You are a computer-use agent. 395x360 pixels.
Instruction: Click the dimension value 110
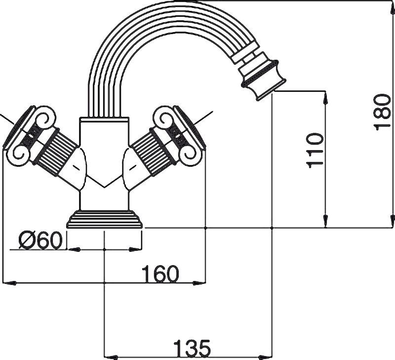click(x=315, y=150)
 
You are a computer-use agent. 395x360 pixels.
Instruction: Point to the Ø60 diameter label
click(x=40, y=240)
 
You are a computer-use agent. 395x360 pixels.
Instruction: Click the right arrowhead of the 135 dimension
click(x=269, y=356)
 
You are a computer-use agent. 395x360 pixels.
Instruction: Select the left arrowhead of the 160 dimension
click(x=8, y=283)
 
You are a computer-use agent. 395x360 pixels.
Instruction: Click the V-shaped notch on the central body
click(x=104, y=184)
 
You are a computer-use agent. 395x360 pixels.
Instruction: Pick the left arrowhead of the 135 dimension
click(x=109, y=356)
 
